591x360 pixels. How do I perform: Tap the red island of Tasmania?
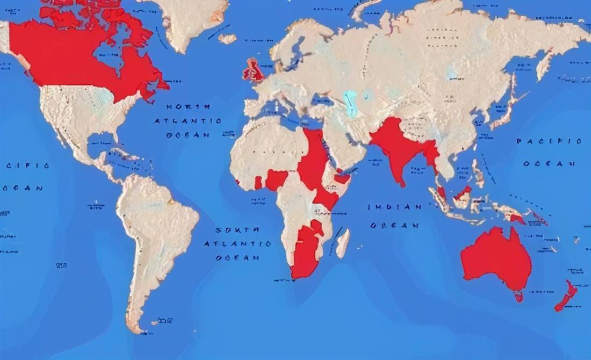[518, 296]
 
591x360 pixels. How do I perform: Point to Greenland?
[191, 21]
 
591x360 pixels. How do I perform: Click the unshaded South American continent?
[156, 231]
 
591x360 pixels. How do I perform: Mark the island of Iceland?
[227, 39]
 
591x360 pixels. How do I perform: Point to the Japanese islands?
[505, 110]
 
